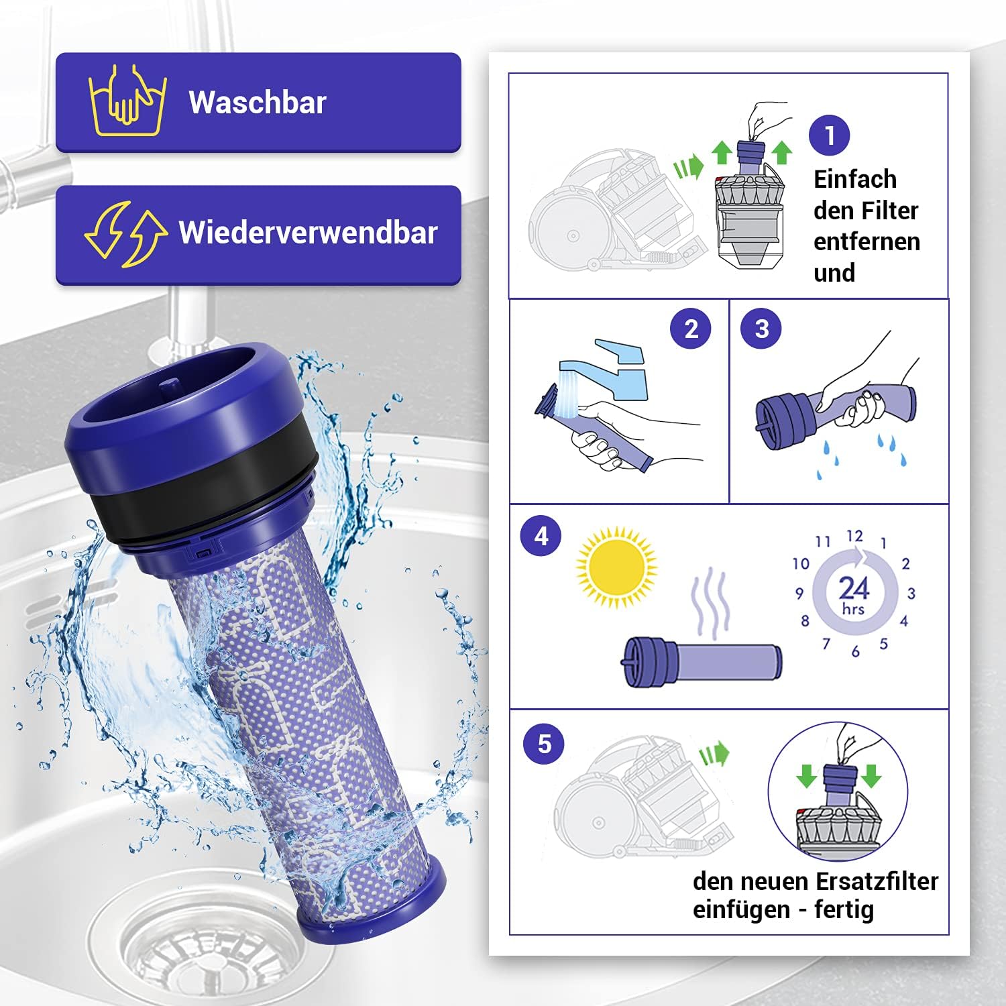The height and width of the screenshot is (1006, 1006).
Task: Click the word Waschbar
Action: (x=258, y=103)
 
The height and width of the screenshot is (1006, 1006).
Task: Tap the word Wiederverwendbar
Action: (x=308, y=233)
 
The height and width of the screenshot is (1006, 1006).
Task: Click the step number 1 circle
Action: (x=830, y=135)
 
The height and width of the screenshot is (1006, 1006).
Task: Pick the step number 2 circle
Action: (x=691, y=329)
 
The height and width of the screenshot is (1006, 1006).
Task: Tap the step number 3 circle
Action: (x=761, y=329)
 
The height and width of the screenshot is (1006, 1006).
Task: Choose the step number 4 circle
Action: (x=541, y=537)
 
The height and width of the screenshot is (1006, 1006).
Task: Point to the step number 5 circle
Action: (x=545, y=743)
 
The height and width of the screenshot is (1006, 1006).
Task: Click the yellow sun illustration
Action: (x=616, y=568)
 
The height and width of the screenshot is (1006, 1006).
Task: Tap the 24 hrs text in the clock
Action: (x=854, y=594)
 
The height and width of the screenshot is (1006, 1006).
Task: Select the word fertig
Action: (x=844, y=911)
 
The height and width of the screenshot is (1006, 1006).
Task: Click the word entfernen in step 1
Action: (x=867, y=241)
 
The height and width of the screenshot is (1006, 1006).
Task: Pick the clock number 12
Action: (x=854, y=536)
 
